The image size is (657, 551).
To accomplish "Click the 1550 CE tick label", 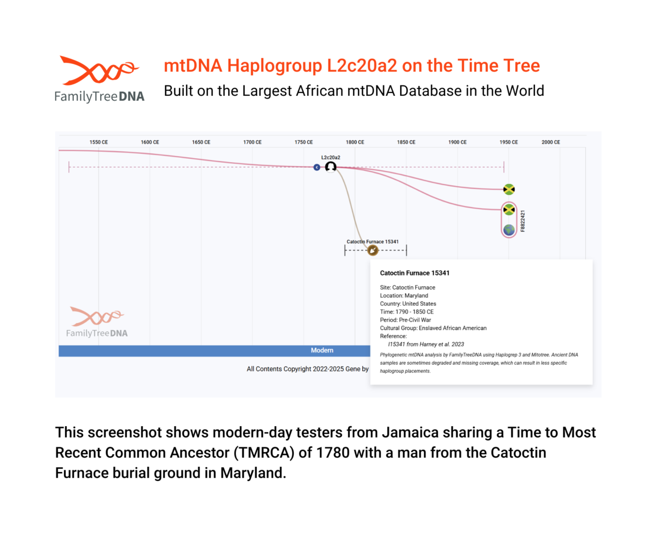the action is pos(99,142).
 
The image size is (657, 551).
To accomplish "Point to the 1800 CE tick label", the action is pos(355,142).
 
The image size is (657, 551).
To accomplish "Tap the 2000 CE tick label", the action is pos(551,142).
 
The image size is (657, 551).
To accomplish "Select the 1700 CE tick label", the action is pos(252,142).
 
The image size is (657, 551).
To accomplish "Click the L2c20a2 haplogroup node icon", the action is pos(331,167).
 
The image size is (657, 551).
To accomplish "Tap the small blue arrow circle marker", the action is pos(317,167).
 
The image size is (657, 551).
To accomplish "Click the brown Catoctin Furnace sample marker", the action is pos(373,250).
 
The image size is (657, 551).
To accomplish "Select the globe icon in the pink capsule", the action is pos(509,230).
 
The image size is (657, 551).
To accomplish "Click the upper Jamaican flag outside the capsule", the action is pos(509,189).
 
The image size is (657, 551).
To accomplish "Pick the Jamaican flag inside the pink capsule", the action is pos(509,209).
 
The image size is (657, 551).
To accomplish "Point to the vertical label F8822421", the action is pos(523,221).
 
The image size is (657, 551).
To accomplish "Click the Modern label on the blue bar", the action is pos(322,350).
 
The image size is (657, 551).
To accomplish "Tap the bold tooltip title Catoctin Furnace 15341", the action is pos(414,273).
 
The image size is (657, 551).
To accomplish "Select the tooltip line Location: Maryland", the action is pos(404,295).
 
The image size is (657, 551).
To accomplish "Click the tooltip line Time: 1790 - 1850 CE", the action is pos(407,312).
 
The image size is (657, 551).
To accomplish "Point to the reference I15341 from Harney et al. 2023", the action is pos(426,344).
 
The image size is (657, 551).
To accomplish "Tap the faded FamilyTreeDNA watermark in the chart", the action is pos(97,322).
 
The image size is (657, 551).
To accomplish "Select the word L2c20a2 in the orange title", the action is pos(362,66).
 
